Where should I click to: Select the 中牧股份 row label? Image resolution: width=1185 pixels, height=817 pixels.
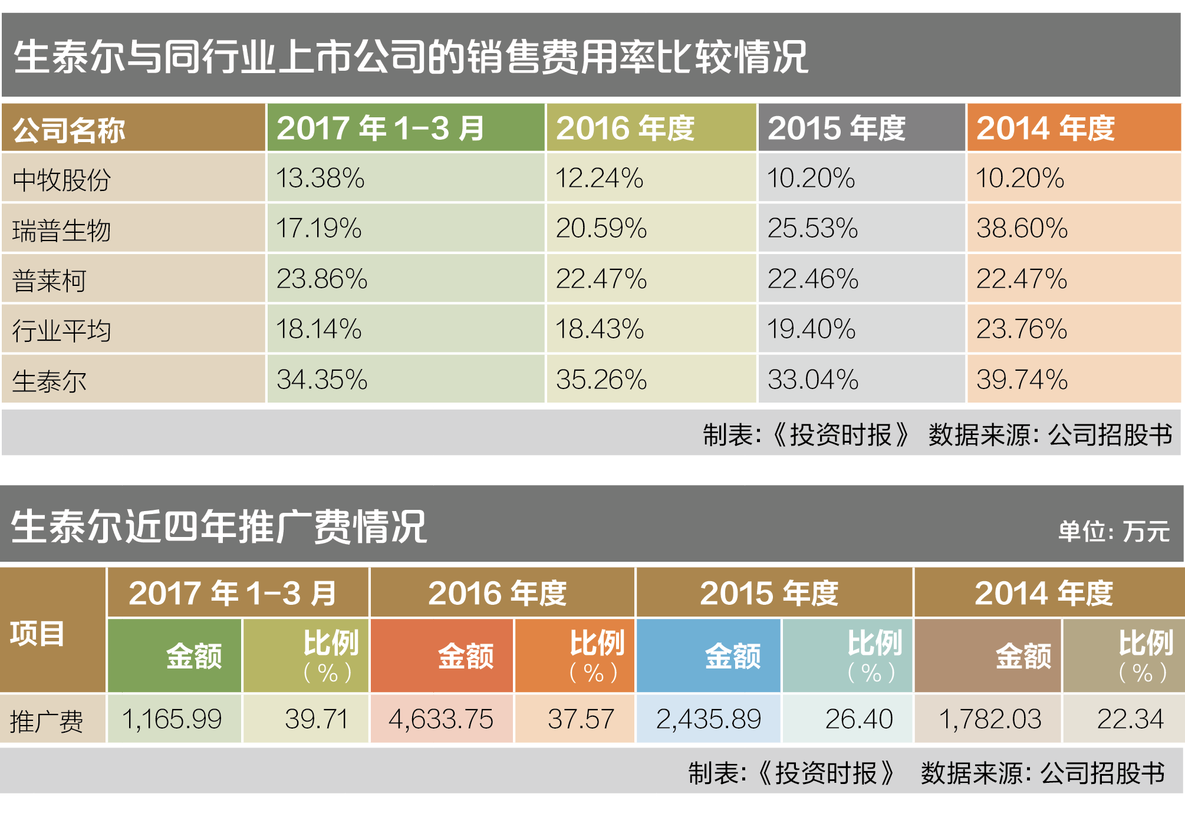pyautogui.click(x=62, y=179)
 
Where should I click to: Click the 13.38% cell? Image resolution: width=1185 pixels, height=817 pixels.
pyautogui.click(x=320, y=178)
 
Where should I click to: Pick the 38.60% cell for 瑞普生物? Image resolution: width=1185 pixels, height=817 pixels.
pyautogui.click(x=1021, y=228)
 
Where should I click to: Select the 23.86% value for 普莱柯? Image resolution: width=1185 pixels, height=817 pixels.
pyautogui.click(x=322, y=279)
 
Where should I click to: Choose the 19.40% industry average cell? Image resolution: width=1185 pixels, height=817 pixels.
pyautogui.click(x=811, y=329)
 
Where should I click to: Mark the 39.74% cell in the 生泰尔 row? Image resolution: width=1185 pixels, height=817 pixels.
pyautogui.click(x=1021, y=380)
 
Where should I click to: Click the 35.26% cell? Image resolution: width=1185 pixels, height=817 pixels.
pyautogui.click(x=601, y=380)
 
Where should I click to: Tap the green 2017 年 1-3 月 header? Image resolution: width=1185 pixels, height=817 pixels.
pyautogui.click(x=381, y=129)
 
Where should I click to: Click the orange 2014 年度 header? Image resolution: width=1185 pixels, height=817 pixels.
pyautogui.click(x=1045, y=129)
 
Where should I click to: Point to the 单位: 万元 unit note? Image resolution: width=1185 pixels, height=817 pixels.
pyautogui.click(x=1113, y=531)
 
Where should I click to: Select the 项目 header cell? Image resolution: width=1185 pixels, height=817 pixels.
pyautogui.click(x=37, y=634)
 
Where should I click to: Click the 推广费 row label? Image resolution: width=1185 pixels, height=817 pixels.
pyautogui.click(x=47, y=721)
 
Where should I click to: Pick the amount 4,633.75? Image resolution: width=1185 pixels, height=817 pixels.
pyautogui.click(x=440, y=719)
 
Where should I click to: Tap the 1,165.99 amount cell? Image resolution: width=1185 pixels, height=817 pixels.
pyautogui.click(x=172, y=719)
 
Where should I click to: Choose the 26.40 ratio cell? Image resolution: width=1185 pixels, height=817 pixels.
pyautogui.click(x=859, y=719)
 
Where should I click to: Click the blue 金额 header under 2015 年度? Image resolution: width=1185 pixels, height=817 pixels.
pyautogui.click(x=732, y=656)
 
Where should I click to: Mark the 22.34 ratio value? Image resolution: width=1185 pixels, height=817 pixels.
pyautogui.click(x=1130, y=719)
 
